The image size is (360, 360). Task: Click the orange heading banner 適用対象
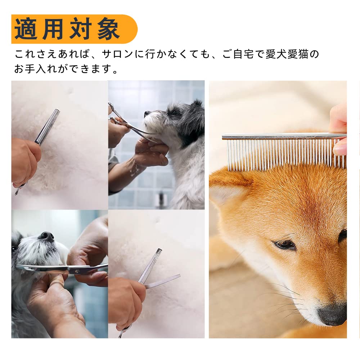coord(74,29)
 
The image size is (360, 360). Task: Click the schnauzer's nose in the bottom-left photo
coord(46,236)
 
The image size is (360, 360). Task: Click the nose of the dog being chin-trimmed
coord(147,113)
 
